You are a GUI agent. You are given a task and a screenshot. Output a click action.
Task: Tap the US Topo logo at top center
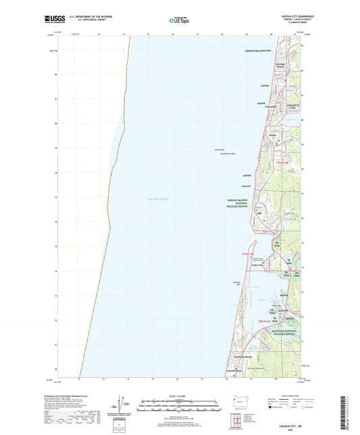click(178, 21)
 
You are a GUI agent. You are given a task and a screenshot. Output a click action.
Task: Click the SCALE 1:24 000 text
click(179, 395)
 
